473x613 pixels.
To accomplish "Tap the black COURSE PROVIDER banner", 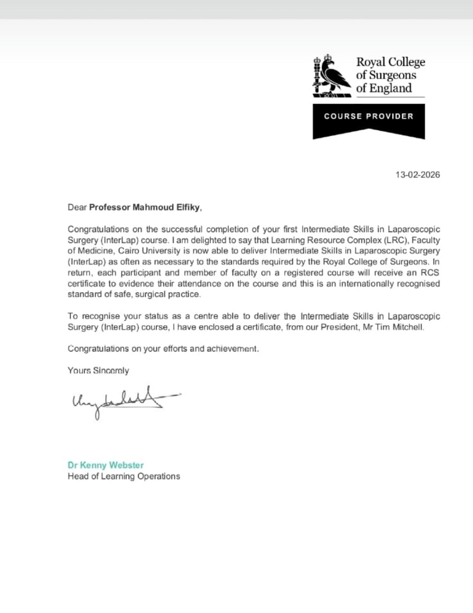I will [369, 117].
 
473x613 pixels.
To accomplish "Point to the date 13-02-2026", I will [418, 175].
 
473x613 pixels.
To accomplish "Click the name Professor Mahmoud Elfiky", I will [144, 208].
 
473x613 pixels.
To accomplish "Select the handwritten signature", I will [121, 400].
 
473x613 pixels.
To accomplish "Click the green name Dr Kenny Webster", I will [106, 465].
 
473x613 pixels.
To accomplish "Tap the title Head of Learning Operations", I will [124, 477].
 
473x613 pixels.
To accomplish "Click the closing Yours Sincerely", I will [98, 371].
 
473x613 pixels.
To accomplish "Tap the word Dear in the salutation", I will [77, 208].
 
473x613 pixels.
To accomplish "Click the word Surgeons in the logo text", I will [393, 75].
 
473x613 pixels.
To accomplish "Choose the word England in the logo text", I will [391, 89].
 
